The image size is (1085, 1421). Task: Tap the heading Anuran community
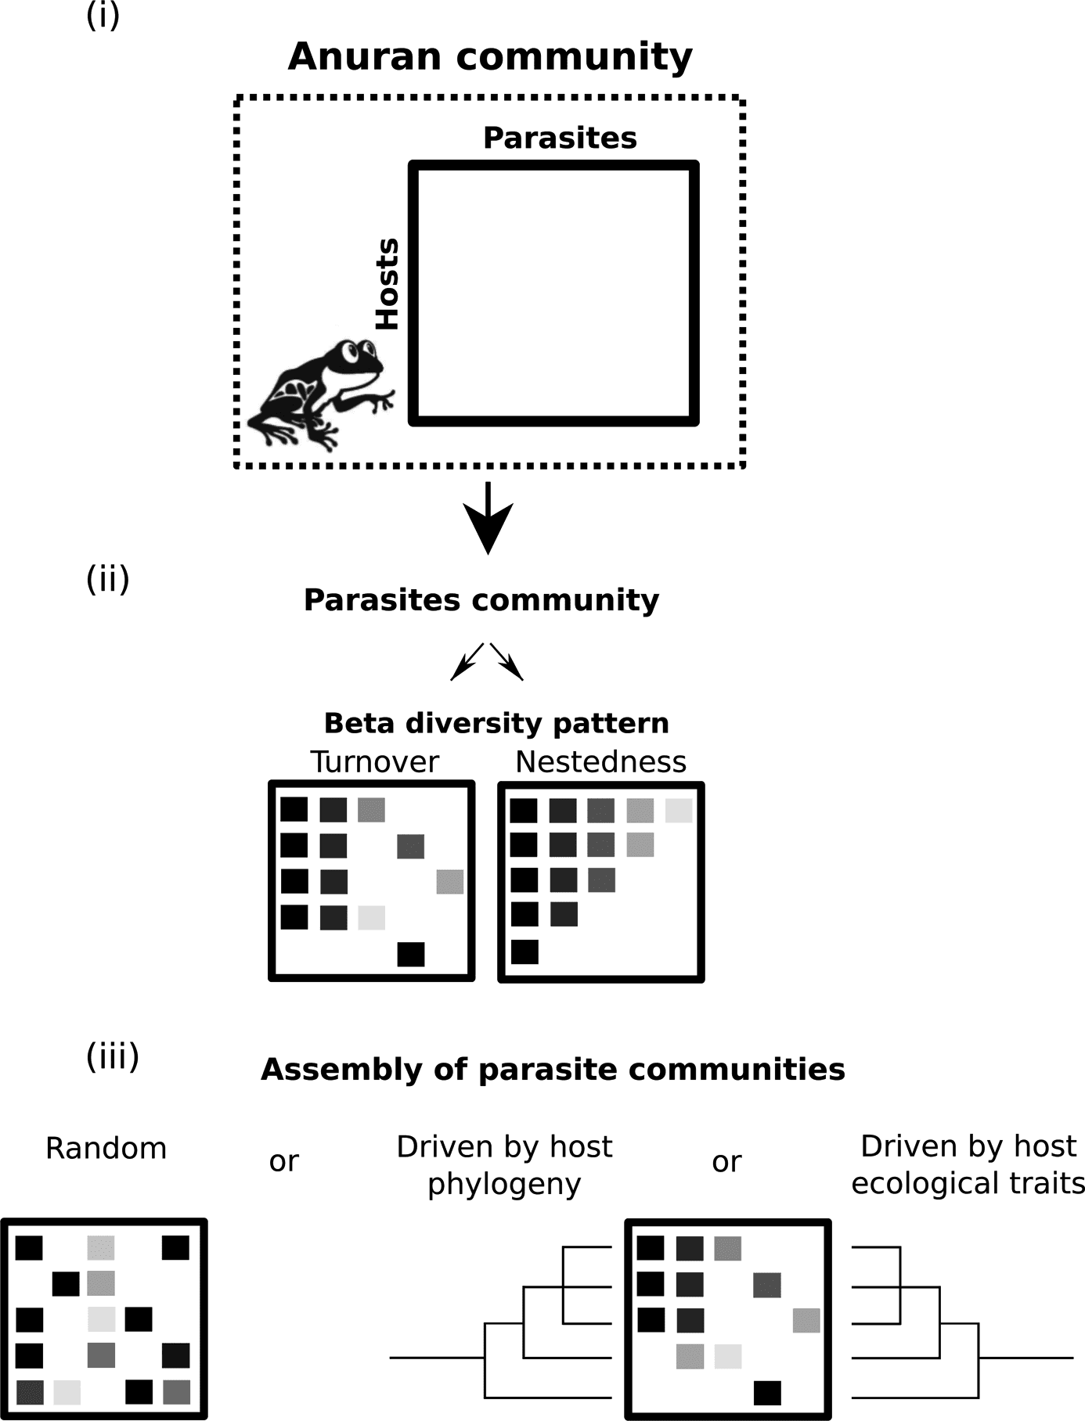490,57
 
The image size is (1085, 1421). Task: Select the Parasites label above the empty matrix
560,138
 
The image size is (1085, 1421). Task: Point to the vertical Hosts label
387,284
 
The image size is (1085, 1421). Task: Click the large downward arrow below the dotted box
488,520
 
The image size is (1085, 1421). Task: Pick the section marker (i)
103,16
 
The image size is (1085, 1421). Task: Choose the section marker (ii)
107,580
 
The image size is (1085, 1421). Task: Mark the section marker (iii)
113,1056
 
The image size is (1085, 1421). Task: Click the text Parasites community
481,600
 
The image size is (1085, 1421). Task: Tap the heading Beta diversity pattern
496,723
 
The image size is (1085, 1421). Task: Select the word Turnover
375,761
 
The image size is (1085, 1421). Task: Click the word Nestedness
600,761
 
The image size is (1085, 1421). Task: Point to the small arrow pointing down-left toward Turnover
467,662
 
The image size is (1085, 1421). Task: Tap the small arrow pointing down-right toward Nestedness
507,662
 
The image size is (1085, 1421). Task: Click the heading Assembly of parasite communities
553,1069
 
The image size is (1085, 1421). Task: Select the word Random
106,1149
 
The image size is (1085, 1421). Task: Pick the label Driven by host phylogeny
504,1165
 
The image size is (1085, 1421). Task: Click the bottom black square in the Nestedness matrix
524,952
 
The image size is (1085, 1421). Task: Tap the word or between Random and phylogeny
283,1161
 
